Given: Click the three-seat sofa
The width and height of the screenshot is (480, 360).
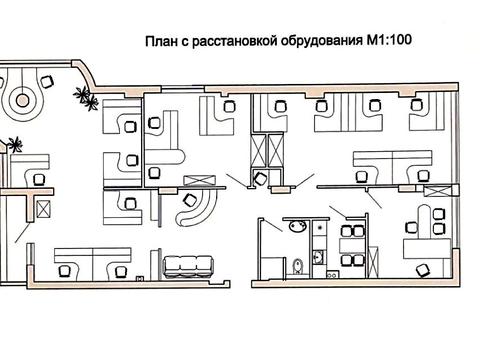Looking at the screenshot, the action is [x=189, y=265].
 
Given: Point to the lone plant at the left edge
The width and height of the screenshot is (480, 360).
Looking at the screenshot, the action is [x=13, y=144].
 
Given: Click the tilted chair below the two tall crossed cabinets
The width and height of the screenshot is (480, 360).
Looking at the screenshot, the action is [x=261, y=177].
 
